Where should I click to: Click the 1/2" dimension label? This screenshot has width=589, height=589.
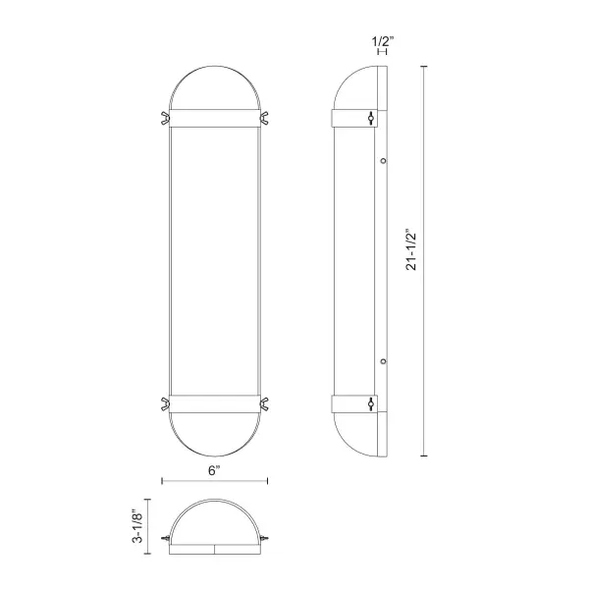tap(383, 41)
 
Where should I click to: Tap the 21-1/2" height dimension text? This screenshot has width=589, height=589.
tap(411, 249)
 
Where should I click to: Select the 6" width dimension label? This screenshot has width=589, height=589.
tap(214, 470)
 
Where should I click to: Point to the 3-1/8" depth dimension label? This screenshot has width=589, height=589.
tap(137, 526)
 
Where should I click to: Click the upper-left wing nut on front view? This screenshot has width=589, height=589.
tap(165, 118)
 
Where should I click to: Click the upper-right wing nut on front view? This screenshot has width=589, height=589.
tap(264, 118)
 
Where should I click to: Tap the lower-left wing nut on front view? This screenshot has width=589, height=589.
tap(165, 403)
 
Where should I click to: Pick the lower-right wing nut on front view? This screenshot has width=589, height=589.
tap(264, 403)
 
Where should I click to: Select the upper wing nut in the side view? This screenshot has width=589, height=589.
tap(371, 118)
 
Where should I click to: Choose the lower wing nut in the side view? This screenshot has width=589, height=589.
tap(371, 403)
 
